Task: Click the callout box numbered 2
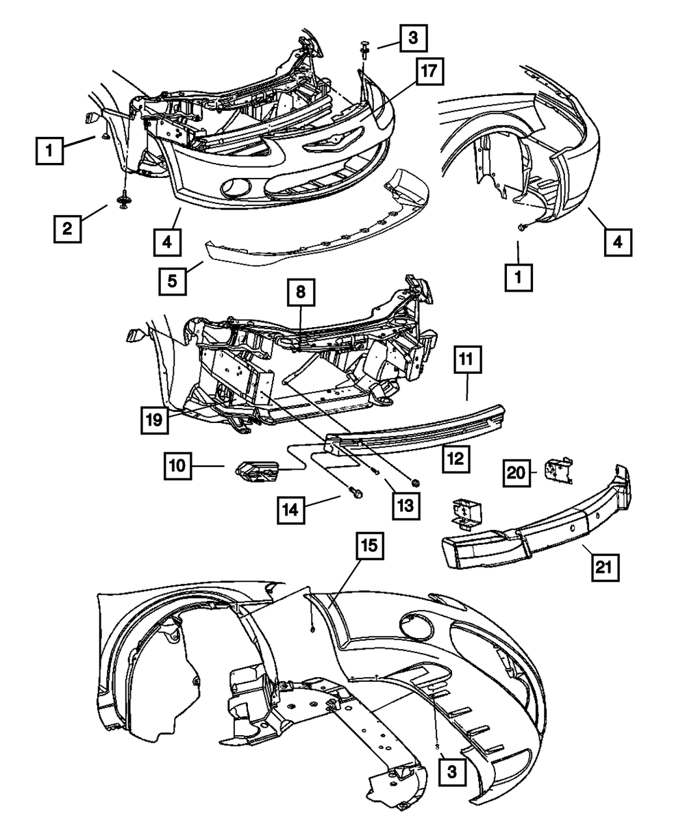tap(67, 228)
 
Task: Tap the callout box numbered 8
tap(301, 295)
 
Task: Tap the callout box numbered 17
tap(428, 73)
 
